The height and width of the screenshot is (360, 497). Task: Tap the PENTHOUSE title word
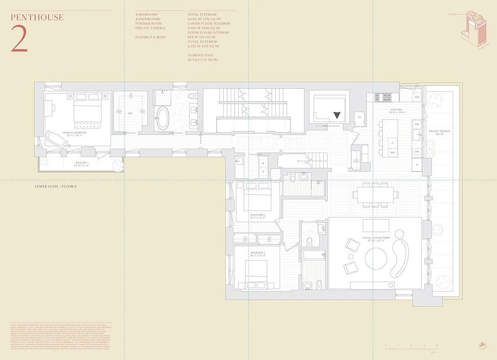(37, 18)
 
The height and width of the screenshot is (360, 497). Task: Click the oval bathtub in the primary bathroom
(162, 118)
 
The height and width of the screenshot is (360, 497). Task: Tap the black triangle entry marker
(337, 115)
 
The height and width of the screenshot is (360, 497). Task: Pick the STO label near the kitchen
(416, 97)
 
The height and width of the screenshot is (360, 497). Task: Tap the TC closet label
(359, 117)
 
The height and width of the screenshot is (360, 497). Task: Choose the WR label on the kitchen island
(393, 153)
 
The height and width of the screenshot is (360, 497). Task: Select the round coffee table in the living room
(376, 258)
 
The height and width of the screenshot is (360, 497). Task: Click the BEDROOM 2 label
(258, 215)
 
